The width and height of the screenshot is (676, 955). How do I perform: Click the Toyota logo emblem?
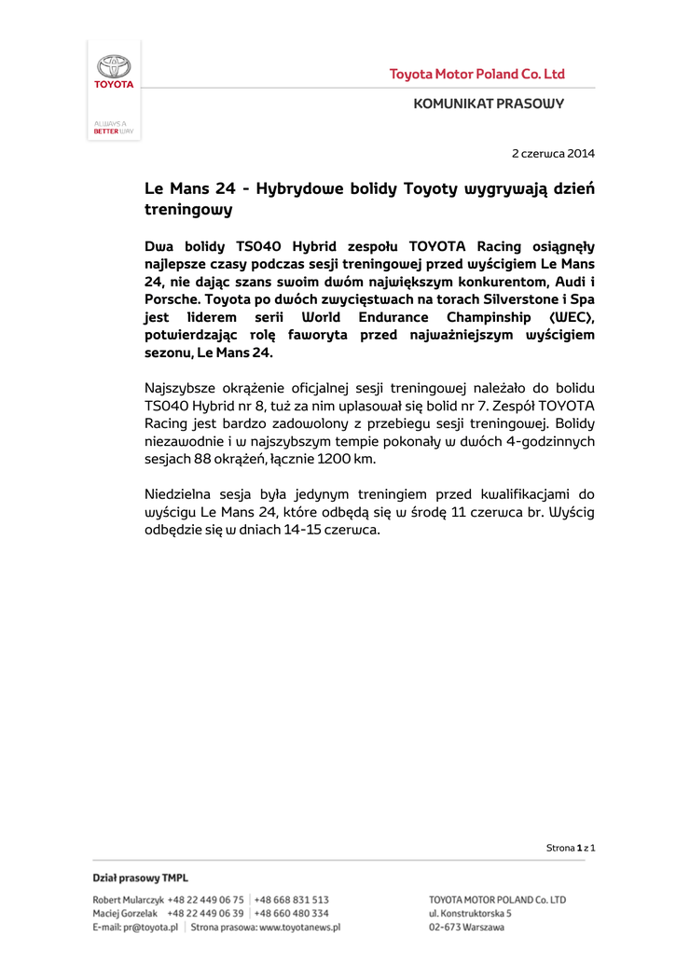(x=114, y=67)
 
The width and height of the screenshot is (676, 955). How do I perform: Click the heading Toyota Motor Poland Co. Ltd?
(x=476, y=75)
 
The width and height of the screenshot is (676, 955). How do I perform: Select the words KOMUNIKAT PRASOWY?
(x=489, y=104)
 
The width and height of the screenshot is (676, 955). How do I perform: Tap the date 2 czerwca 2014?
(x=553, y=153)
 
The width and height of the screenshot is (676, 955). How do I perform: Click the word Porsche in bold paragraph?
(x=172, y=300)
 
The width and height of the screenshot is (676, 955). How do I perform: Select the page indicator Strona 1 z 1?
(x=571, y=848)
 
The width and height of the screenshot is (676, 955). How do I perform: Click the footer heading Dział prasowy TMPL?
(x=140, y=879)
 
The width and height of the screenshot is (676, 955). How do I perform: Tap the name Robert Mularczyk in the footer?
(x=128, y=900)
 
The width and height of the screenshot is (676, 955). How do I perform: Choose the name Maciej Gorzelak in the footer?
(x=126, y=914)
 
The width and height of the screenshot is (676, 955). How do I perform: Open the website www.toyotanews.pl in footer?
(x=299, y=928)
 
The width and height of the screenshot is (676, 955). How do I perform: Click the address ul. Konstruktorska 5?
(x=470, y=914)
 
